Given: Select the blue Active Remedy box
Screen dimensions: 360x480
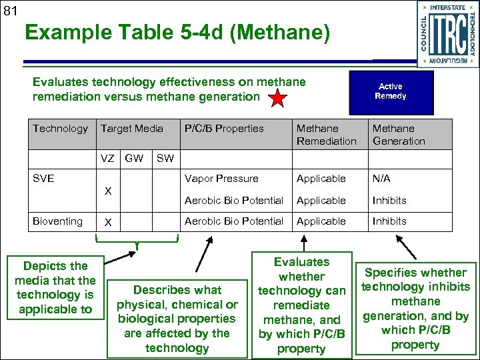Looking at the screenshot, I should [390, 92].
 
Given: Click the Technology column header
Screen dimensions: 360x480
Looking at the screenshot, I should [60, 128].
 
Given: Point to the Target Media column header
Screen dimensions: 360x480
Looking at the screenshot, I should [131, 128].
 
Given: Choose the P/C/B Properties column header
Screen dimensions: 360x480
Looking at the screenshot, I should [224, 128].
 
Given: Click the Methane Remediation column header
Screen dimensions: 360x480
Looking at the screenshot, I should [327, 134].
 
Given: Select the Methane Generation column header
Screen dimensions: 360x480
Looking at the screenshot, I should [399, 134].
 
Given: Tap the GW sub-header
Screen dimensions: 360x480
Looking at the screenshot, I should [134, 159].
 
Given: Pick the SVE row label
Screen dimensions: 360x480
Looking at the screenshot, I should [43, 179].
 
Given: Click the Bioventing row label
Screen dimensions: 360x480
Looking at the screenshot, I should [58, 221].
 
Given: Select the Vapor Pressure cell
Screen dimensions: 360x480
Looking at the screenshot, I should [221, 179].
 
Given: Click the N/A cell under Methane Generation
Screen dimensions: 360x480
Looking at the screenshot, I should [382, 179].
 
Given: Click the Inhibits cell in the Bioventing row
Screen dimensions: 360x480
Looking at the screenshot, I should [389, 221].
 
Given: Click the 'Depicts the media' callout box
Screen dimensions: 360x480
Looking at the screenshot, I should [55, 287].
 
